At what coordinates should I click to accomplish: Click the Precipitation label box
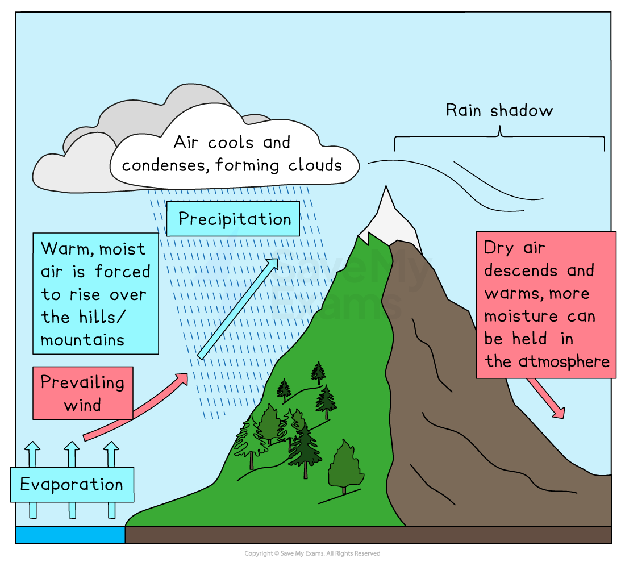coord(233,219)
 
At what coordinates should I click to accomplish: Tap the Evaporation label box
coord(72,485)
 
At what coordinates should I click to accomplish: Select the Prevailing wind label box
coord(82,393)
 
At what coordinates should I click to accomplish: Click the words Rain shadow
coord(499,110)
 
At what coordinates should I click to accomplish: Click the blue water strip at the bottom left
coord(70,535)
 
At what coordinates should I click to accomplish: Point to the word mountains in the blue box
coord(82,340)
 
